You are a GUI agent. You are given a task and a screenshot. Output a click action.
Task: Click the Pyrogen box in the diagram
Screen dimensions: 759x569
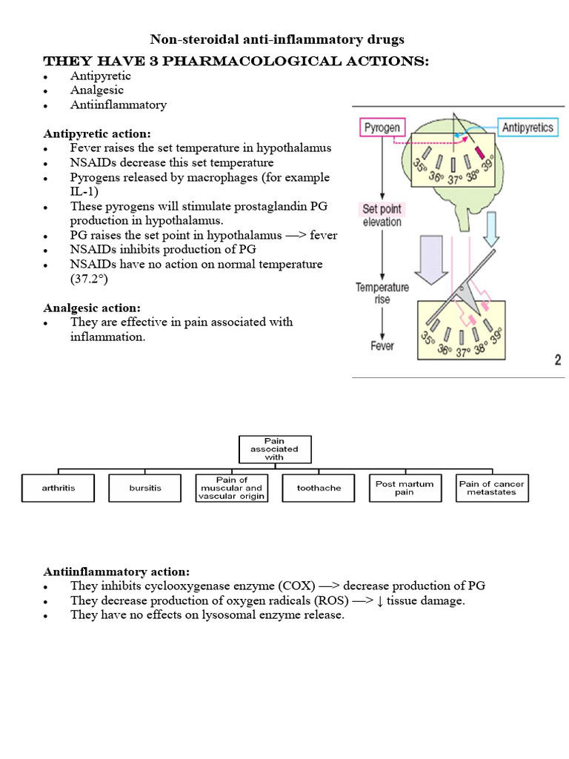(x=382, y=128)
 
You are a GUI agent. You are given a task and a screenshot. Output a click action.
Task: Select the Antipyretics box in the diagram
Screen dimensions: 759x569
(x=527, y=128)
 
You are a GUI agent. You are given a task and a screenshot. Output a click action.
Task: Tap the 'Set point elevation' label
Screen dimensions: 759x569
(x=382, y=215)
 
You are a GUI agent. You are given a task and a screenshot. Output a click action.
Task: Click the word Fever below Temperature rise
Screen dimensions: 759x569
(x=382, y=345)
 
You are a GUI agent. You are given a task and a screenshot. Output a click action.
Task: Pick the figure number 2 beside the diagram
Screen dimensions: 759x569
(x=556, y=360)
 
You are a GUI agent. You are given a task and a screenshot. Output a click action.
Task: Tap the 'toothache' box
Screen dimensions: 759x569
(x=319, y=488)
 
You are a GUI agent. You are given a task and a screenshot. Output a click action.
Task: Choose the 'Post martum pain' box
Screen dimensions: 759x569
(x=405, y=488)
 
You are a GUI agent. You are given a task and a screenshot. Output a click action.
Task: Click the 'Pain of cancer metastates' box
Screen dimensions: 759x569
(x=492, y=488)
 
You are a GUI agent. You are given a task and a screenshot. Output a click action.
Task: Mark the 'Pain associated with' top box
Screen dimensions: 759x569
(x=275, y=448)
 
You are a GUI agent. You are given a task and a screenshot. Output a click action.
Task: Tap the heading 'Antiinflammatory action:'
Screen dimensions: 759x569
(x=116, y=571)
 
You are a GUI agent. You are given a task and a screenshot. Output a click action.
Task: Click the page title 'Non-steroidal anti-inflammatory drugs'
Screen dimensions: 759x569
(x=277, y=39)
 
